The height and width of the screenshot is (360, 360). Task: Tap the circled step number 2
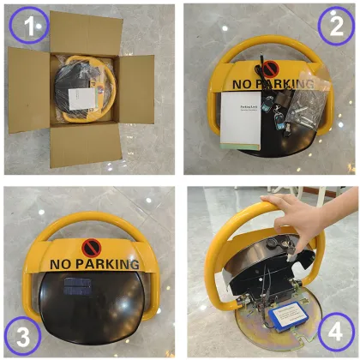(332, 27)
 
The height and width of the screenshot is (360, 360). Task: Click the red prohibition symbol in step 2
(271, 69)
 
